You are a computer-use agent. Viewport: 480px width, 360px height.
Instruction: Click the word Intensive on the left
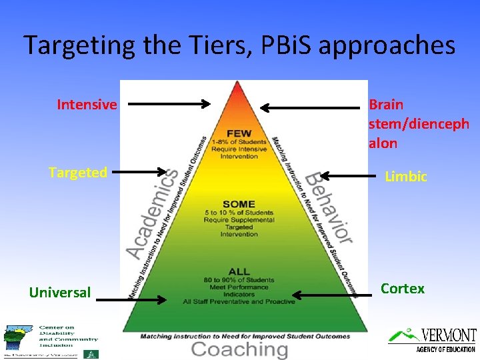[x=87, y=105]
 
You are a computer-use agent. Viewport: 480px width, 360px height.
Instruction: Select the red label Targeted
[x=78, y=173]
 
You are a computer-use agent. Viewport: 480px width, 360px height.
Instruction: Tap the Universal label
[x=60, y=292]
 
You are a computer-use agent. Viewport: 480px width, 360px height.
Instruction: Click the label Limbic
[x=406, y=177]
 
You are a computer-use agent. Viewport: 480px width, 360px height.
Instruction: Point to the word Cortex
[x=402, y=289]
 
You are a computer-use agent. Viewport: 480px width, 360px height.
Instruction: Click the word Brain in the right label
[x=386, y=105]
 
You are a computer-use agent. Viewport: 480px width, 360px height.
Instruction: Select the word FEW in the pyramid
[x=238, y=133]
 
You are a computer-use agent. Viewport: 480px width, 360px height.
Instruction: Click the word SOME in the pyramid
[x=238, y=204]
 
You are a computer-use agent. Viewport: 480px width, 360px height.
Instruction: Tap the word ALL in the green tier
[x=238, y=271]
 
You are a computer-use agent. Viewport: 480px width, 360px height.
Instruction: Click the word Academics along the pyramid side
[x=152, y=212]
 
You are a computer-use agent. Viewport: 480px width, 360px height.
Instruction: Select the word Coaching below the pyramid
[x=239, y=349]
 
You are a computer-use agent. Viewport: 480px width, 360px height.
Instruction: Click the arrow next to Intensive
[x=169, y=104]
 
